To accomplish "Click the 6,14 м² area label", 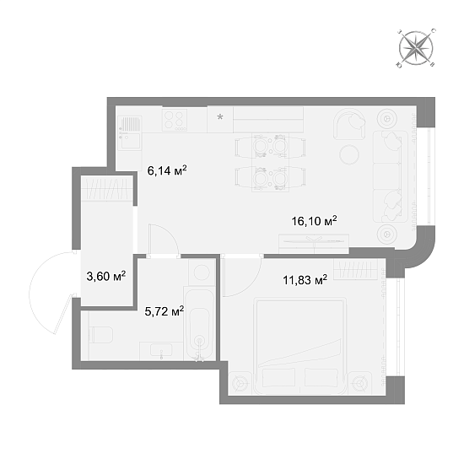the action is pyautogui.click(x=167, y=170).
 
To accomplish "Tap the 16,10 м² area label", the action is pyautogui.click(x=315, y=221).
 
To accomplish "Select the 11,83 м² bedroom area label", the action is pyautogui.click(x=305, y=279).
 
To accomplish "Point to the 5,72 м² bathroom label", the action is pyautogui.click(x=165, y=311).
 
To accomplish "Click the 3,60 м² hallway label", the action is pyautogui.click(x=106, y=276).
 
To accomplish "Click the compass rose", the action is pyautogui.click(x=416, y=47).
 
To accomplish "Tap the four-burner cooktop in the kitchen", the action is pyautogui.click(x=175, y=120).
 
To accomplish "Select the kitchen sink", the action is pyautogui.click(x=130, y=132).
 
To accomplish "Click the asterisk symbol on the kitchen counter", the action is pyautogui.click(x=220, y=117).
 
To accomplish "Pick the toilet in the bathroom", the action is pyautogui.click(x=100, y=335).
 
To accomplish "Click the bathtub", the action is pyautogui.click(x=199, y=323).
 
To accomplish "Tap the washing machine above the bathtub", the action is pyautogui.click(x=202, y=272).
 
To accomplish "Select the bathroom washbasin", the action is pyautogui.click(x=161, y=351).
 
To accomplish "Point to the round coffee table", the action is pyautogui.click(x=349, y=154).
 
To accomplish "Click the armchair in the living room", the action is pyautogui.click(x=349, y=124).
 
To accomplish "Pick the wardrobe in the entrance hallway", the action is pyautogui.click(x=107, y=189).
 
